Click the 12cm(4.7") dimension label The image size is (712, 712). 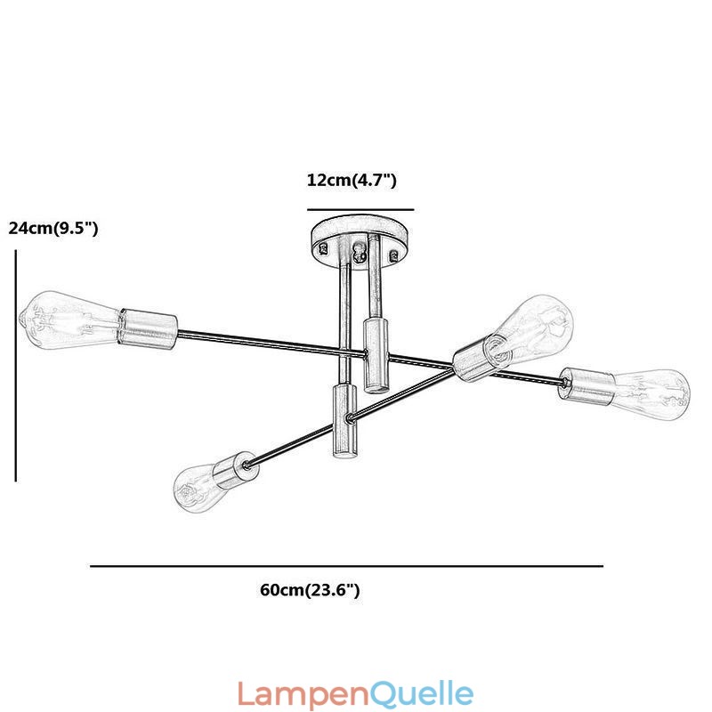coord(352,181)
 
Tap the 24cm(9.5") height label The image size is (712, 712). coord(53,228)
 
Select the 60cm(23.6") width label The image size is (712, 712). coord(310,590)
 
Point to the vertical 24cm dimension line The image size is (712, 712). coord(16,366)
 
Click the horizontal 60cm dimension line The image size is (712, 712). coord(346,566)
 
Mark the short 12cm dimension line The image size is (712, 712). coord(360,210)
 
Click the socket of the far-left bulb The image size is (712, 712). coord(148,329)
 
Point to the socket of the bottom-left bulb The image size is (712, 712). coord(236,470)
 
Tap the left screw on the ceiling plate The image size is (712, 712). coord(324,248)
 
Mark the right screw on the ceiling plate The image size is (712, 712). coord(393,255)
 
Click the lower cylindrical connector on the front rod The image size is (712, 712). coord(345,420)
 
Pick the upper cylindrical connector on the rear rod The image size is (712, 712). coord(376,355)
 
